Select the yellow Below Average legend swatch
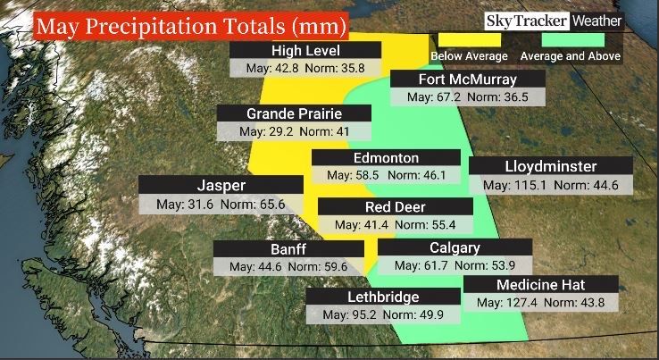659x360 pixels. [469, 39]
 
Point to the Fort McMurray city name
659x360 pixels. [455, 79]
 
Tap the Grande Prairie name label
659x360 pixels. [295, 113]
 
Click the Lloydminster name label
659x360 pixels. [550, 167]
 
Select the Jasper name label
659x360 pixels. [221, 186]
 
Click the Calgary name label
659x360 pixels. [455, 247]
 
